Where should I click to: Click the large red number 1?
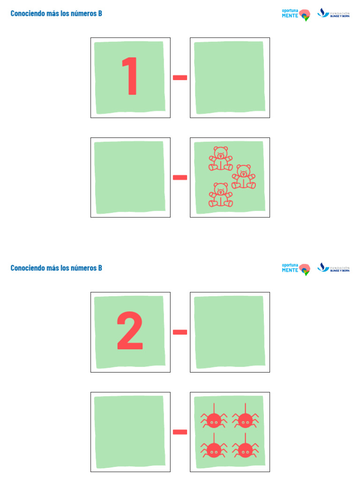point(130,76)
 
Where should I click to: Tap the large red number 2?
point(130,331)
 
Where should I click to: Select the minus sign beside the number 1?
point(180,77)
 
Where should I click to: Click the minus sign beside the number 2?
point(180,332)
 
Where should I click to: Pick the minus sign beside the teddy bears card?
point(180,177)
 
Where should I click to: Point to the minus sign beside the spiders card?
point(180,432)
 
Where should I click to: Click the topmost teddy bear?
point(221,159)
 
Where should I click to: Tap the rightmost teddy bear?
point(244,177)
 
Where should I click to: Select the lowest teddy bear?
point(221,195)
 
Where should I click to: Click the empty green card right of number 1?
point(230,78)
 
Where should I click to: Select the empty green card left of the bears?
point(130,177)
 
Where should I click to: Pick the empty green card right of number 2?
point(230,332)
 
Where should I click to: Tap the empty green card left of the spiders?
point(130,432)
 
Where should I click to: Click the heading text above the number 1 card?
point(56,13)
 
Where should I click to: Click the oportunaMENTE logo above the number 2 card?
point(295,268)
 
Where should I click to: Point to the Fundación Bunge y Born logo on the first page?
point(333,13)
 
